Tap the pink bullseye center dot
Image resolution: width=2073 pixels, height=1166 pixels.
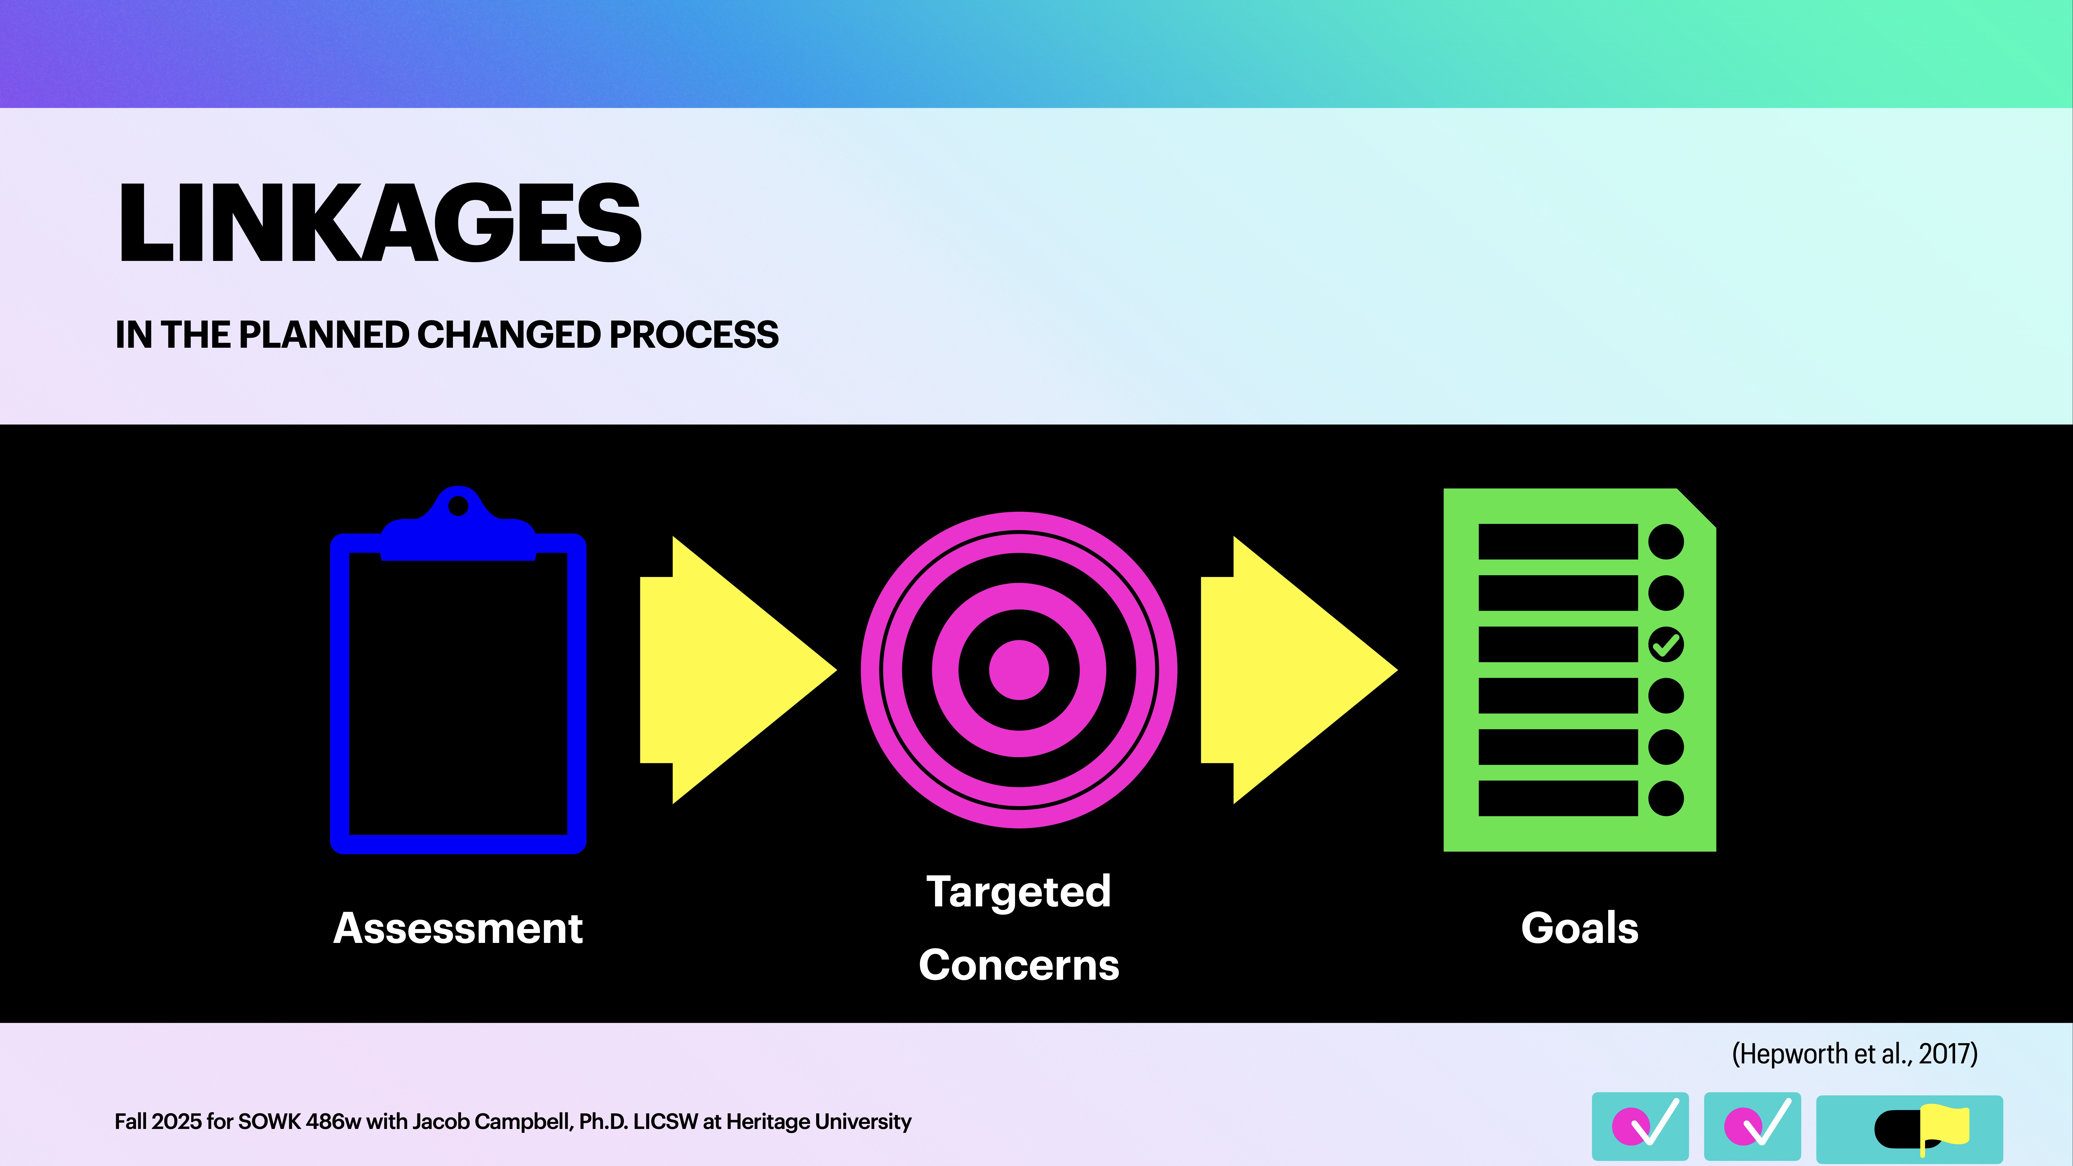click(1019, 670)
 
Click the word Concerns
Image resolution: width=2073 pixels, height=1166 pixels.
click(1019, 965)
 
